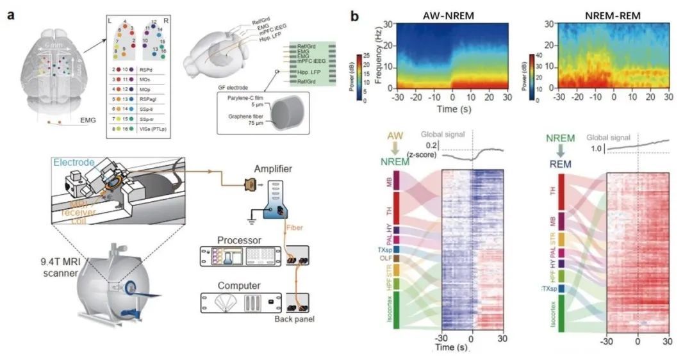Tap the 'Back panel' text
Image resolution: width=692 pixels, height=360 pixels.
(x=293, y=318)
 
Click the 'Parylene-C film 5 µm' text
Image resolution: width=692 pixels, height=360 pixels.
(x=245, y=101)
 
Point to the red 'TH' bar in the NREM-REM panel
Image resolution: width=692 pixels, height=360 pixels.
(x=562, y=192)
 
